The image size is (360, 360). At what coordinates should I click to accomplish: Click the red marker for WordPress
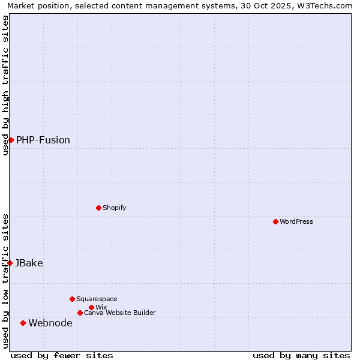point(275,221)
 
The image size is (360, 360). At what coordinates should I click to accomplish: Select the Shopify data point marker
point(98,208)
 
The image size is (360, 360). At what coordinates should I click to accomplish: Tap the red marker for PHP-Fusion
point(11,140)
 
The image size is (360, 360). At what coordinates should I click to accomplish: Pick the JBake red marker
point(10,263)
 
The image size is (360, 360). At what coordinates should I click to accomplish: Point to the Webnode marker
point(23,323)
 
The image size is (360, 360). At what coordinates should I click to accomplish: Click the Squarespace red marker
point(72,299)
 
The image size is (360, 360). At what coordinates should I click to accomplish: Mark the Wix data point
point(91,307)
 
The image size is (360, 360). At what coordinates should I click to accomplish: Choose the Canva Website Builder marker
point(80,313)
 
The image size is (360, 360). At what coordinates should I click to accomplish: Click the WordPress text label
point(296,221)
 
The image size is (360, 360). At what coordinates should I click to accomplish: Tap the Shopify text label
point(115,208)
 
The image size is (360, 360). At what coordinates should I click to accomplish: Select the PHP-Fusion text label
point(43,140)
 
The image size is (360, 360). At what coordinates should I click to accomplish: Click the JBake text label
point(29,263)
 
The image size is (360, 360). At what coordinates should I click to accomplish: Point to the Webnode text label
point(50,323)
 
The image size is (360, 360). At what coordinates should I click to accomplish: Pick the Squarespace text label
point(97,299)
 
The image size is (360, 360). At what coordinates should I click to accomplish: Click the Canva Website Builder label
point(120,313)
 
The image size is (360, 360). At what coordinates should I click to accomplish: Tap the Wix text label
point(101,307)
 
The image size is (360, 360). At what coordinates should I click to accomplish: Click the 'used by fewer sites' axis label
point(62,355)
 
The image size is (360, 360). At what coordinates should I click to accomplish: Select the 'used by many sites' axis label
point(301,355)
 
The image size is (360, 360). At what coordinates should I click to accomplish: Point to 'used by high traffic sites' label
point(5,85)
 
